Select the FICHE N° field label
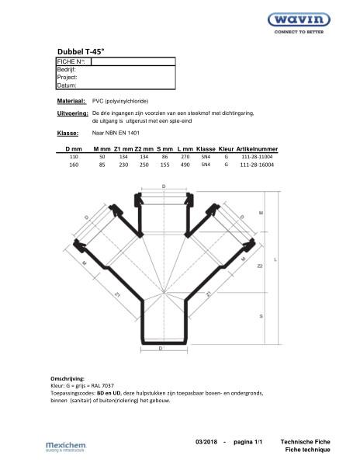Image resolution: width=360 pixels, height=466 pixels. point(73,61)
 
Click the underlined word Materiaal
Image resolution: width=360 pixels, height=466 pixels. point(71,102)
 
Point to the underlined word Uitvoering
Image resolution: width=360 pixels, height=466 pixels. point(72,113)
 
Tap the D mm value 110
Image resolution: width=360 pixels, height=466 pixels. point(74,156)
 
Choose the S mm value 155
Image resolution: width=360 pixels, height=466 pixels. point(164,165)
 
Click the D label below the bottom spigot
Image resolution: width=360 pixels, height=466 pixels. point(162,349)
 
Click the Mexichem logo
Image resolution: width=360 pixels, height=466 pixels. point(68,445)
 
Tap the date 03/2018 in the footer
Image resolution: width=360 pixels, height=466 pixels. point(206,441)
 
